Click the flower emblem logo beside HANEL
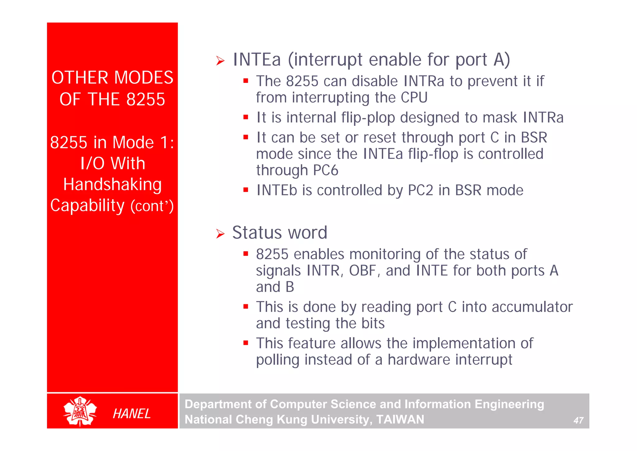point(80,411)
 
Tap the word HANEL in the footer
point(132,414)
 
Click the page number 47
point(578,420)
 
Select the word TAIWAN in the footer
point(400,420)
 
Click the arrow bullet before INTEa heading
point(220,61)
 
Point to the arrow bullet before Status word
point(220,234)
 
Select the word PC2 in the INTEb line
point(420,190)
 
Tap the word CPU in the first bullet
point(414,97)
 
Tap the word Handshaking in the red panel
point(112,184)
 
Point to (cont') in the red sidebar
point(152,206)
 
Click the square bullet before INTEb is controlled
point(246,189)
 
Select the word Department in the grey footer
point(218,404)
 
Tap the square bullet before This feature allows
point(246,343)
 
